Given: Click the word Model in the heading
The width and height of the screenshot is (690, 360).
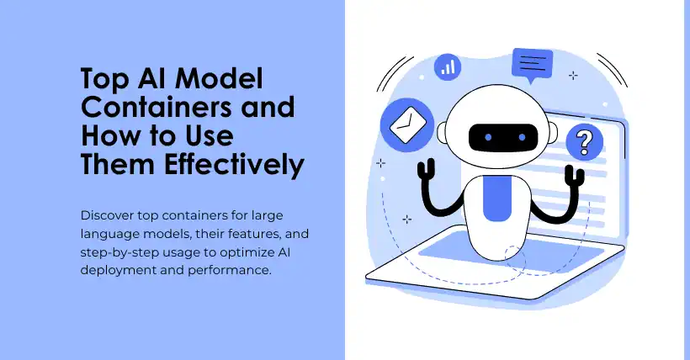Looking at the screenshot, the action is pos(219,79).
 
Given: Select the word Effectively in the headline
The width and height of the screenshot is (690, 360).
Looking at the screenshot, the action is pos(234,165).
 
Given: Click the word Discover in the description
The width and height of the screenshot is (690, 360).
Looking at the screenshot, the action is pos(107,215).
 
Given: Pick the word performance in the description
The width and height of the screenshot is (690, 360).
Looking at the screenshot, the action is pos(229,270).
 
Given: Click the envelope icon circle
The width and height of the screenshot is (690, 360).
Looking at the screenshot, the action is pos(407,124).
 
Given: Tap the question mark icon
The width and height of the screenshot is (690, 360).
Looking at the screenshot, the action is pos(584,141).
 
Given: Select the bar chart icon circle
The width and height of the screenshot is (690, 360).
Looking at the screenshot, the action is pos(448,67).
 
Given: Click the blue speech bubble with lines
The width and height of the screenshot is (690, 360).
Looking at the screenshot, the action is pos(532,65).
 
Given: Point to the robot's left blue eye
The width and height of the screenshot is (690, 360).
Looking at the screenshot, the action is pos(488,138).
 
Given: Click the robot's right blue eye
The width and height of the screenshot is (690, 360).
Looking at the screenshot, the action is pos(522,138).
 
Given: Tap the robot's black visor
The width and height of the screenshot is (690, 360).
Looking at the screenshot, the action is pos(503,138).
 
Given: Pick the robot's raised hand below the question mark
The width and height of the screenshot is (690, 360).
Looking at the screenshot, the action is pos(575,175).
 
